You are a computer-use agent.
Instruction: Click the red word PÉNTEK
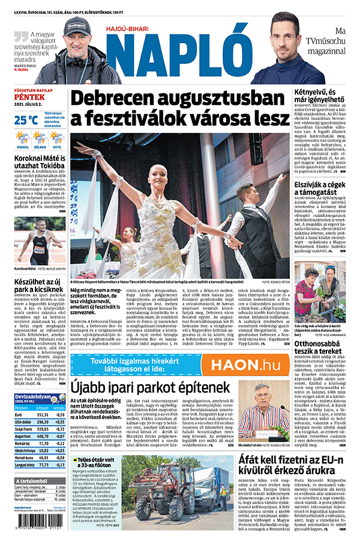[27, 102]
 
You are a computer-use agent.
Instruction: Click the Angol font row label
[23, 436]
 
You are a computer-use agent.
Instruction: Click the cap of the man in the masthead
[79, 26]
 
